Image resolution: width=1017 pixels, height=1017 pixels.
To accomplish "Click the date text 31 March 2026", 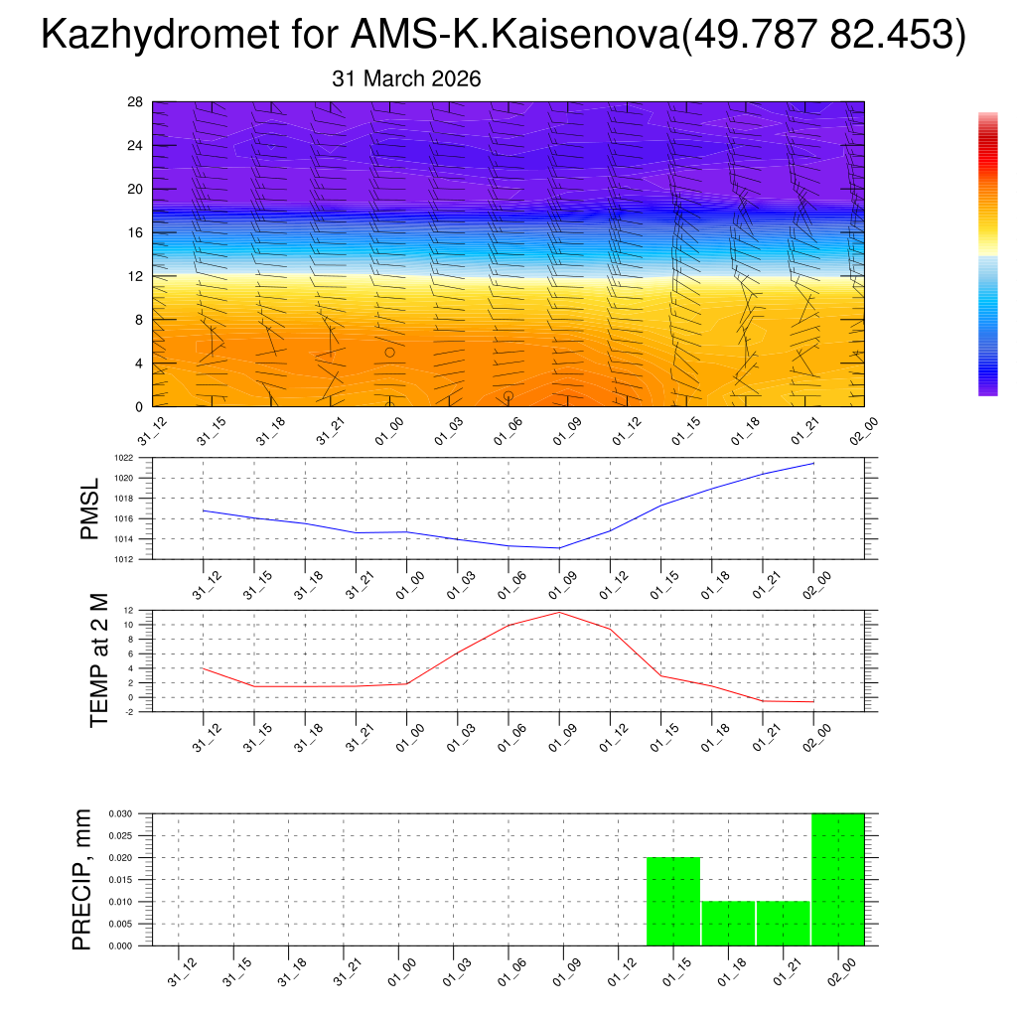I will click(406, 79).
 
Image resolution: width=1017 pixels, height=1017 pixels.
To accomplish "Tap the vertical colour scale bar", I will click(987, 254).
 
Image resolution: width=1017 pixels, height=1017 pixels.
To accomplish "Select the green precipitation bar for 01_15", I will click(673, 901).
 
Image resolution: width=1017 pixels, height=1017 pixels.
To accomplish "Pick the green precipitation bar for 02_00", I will click(838, 879).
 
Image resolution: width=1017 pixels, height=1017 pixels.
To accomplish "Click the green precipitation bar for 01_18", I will click(728, 923).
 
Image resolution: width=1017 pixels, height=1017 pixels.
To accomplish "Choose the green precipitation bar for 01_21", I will click(783, 923).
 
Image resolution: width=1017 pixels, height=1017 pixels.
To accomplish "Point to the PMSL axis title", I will click(90, 510).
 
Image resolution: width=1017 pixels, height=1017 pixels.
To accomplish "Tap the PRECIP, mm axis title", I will click(81, 880).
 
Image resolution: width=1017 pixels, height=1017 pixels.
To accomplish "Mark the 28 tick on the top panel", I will click(135, 102).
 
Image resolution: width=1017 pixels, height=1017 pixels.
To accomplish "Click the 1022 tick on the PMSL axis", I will click(121, 458).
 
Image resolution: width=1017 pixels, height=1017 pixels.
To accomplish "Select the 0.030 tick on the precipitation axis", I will click(119, 813).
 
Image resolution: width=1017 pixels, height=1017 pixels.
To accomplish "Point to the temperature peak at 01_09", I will click(559, 612).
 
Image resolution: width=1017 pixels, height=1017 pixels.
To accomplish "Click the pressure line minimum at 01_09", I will click(559, 548).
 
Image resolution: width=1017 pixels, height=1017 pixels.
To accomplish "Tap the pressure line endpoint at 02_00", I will click(814, 463).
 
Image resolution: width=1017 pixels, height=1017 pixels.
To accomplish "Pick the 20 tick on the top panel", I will click(135, 189).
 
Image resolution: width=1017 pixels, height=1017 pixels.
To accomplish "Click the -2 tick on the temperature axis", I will click(131, 711).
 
